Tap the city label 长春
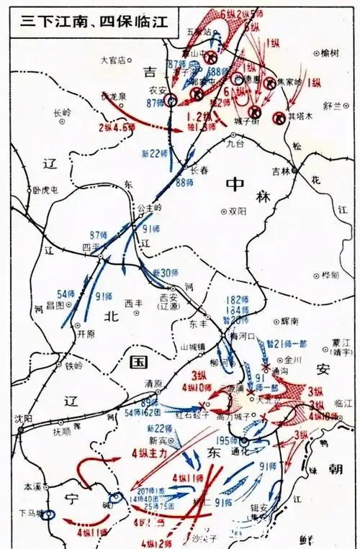tap(199, 170)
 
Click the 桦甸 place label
tap(330, 276)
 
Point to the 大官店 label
tap(113, 60)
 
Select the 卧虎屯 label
tap(45, 190)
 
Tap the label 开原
tap(86, 333)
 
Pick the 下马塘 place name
tap(32, 513)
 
